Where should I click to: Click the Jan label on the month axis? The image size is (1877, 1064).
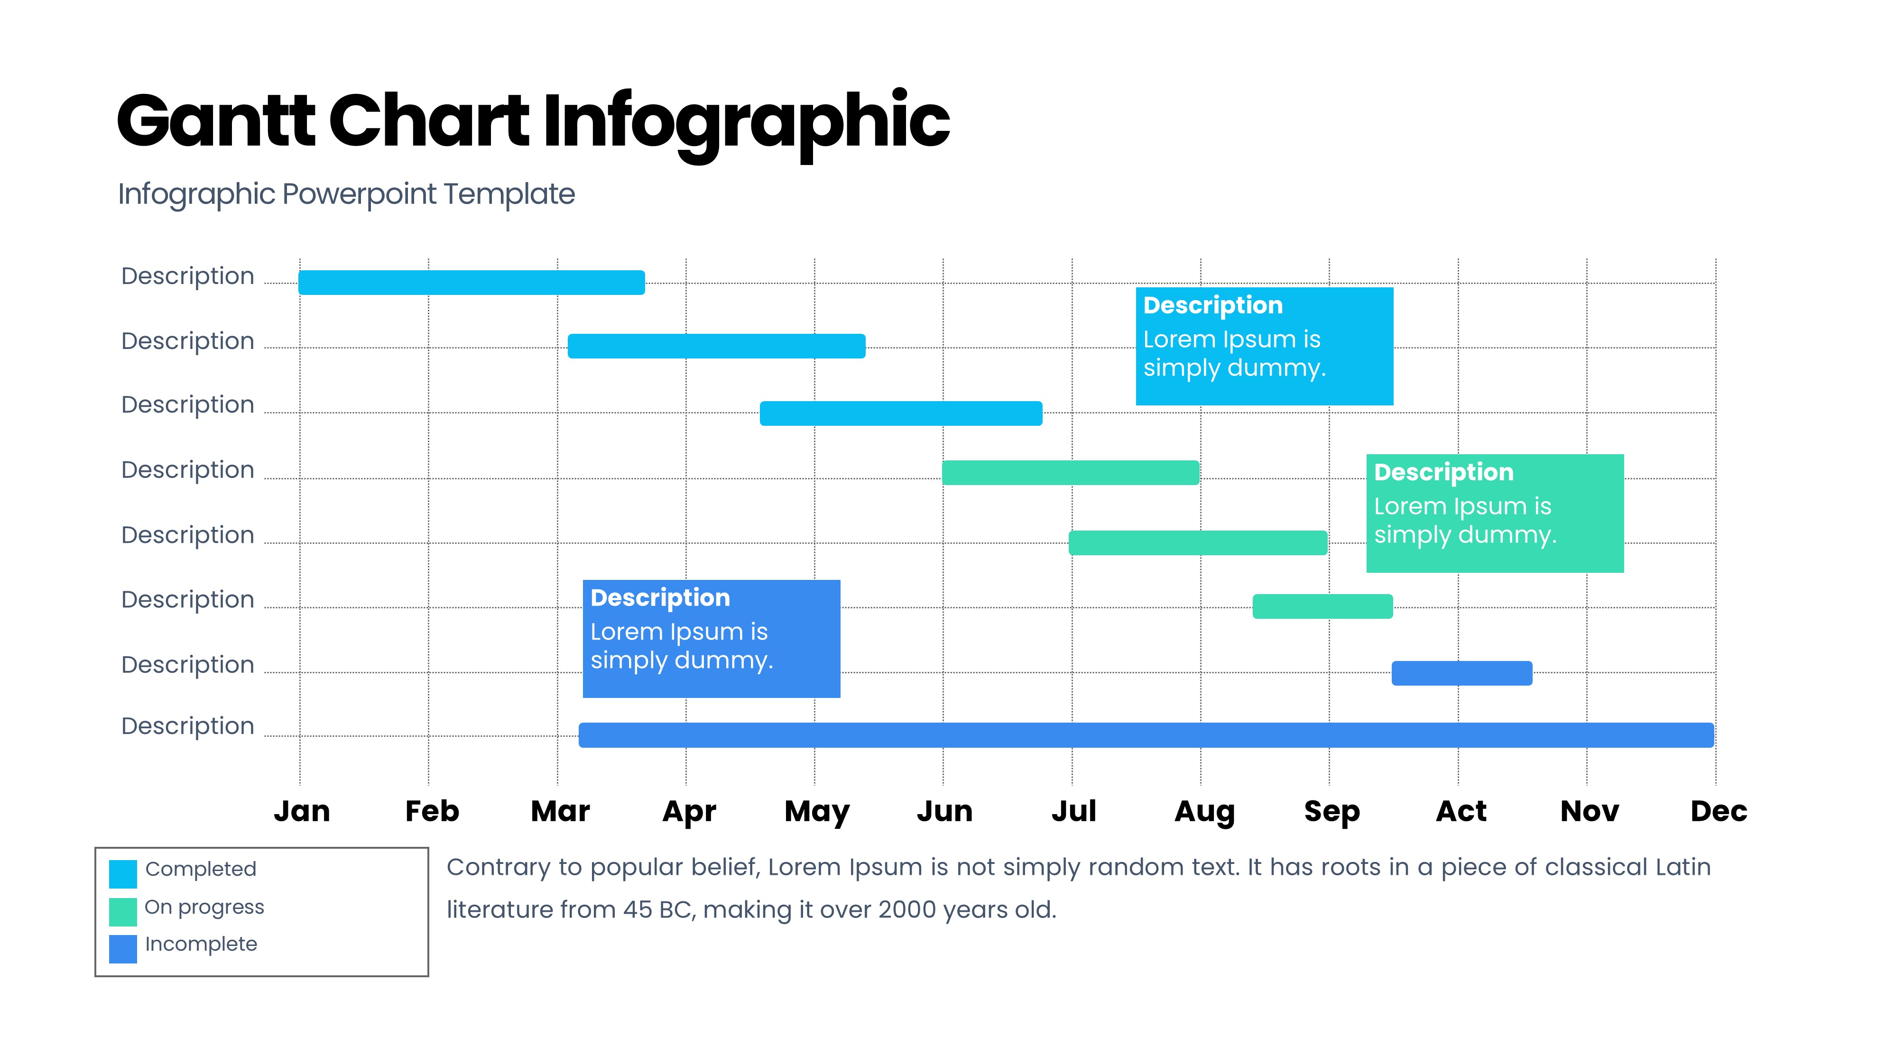coord(302,811)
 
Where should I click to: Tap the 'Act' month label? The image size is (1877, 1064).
coord(1461,811)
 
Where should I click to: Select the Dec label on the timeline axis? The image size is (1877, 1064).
coord(1719,811)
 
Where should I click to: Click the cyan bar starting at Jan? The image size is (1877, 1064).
coord(472,283)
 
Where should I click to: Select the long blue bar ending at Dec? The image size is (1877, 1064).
coord(1146,735)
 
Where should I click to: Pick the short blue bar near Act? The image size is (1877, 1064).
coord(1462,673)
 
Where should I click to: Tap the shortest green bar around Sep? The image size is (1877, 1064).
coord(1323,606)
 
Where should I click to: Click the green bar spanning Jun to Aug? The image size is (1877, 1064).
coord(1071,473)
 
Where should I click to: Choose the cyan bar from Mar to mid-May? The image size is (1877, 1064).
coord(716,347)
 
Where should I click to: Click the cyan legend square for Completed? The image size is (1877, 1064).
coord(123,874)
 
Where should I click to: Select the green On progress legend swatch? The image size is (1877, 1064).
coord(123,912)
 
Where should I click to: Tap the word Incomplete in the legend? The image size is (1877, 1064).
coord(201,944)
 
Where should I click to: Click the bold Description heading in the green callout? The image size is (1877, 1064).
coord(1443,473)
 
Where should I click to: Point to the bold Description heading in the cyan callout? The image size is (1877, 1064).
coord(1212,305)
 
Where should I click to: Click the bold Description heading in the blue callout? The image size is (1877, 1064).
coord(660,598)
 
